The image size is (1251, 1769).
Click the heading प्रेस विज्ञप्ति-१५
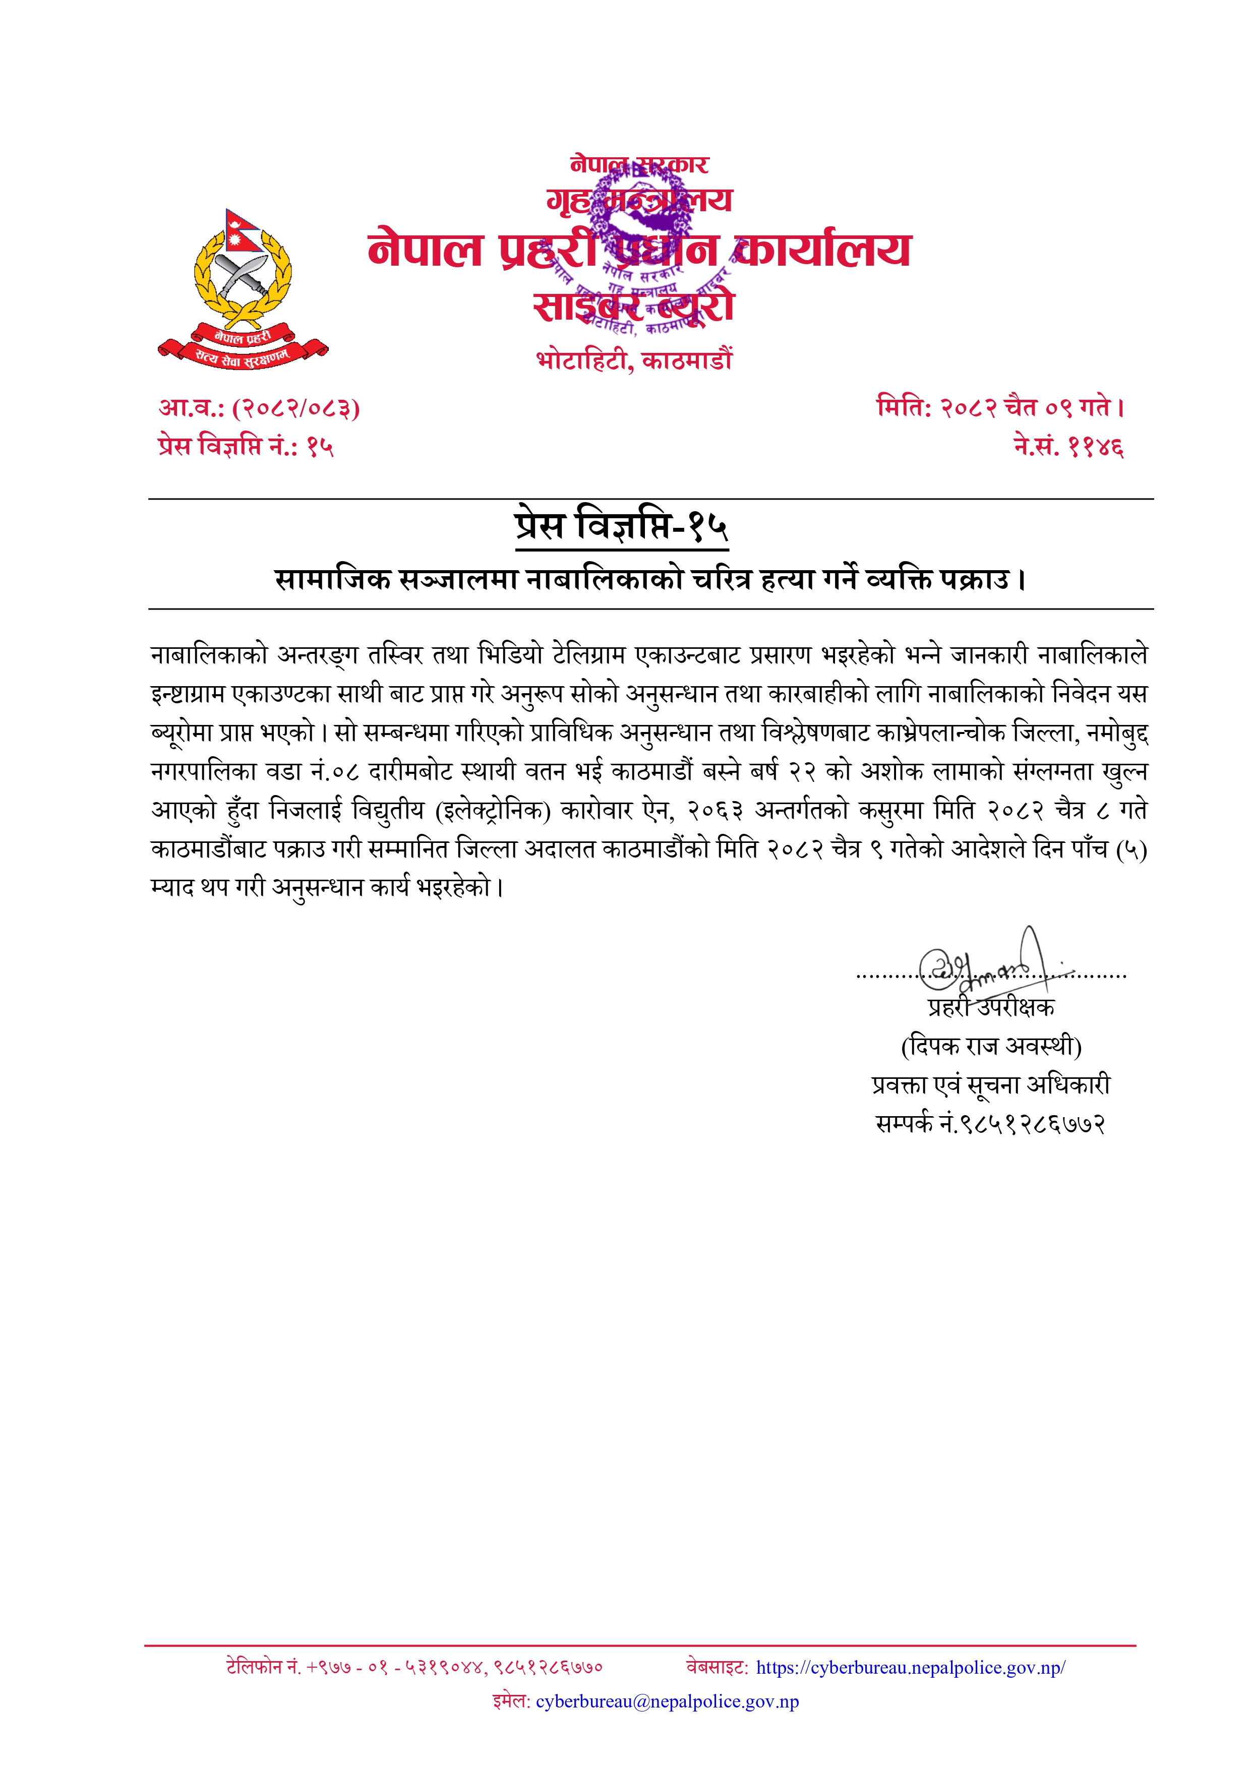pos(621,526)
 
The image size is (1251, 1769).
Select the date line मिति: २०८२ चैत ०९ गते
pos(1000,407)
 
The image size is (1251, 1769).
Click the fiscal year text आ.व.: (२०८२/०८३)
pos(259,407)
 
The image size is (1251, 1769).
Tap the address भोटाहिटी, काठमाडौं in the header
pos(634,360)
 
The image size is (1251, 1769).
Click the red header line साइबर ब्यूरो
pos(634,307)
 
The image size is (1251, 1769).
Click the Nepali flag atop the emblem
pos(241,229)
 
